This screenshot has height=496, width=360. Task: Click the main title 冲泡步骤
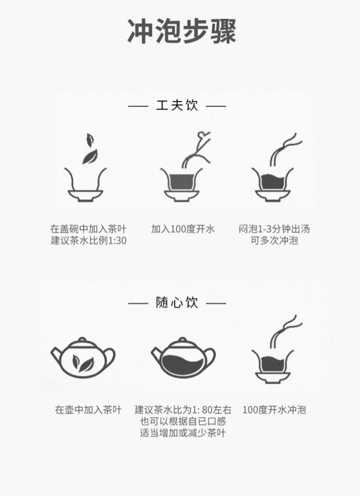[181, 31]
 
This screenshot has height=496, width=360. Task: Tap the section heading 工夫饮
[177, 105]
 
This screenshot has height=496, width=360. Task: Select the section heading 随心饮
[177, 302]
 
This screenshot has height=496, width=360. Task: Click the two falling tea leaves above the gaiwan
[90, 149]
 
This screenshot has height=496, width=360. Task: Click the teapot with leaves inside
[83, 358]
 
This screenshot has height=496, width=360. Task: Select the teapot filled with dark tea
[183, 358]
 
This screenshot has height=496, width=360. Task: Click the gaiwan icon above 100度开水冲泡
[273, 367]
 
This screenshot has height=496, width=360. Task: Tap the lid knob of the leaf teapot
[82, 340]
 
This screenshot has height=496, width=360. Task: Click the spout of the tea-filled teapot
[157, 354]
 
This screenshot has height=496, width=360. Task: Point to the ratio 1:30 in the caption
[118, 241]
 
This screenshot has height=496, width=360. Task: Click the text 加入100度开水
[183, 229]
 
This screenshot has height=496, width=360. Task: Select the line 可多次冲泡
[274, 241]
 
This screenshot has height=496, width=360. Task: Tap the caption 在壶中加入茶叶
[88, 410]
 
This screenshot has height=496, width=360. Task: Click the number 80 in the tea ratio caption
[207, 410]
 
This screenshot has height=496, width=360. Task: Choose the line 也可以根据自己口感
[183, 421]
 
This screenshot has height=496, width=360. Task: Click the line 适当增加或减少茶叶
[183, 433]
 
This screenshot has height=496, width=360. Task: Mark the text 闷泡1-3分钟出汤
[274, 229]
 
